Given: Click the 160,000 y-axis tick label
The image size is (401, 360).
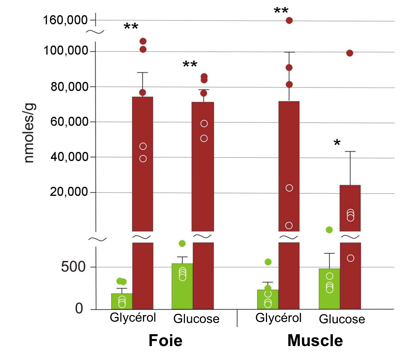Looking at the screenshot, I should coord(65,20).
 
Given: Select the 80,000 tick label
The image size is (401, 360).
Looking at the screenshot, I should coord(69,87).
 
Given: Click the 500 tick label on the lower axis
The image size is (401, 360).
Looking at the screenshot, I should coord(73,267).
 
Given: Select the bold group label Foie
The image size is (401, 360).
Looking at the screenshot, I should coord(165,341).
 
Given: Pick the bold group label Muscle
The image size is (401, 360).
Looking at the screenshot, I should coord(315,341).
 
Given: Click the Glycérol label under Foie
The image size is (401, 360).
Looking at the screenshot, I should coord(133,317).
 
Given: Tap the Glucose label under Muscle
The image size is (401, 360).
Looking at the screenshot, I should coord(342,319).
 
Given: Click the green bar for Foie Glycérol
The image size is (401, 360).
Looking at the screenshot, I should coord(122,301).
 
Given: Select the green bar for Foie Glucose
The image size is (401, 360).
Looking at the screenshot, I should coord(182,286).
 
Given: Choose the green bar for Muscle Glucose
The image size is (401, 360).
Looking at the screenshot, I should coord(329,289).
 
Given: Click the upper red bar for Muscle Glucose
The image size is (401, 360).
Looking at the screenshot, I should coord(350,208).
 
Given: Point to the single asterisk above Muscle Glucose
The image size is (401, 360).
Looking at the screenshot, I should coord(337,143).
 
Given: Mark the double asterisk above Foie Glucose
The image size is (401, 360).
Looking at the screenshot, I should coord(190,64).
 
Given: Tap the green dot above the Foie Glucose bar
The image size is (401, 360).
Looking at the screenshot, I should coord(182,243).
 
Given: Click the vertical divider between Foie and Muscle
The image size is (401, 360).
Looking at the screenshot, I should coord(237,318).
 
